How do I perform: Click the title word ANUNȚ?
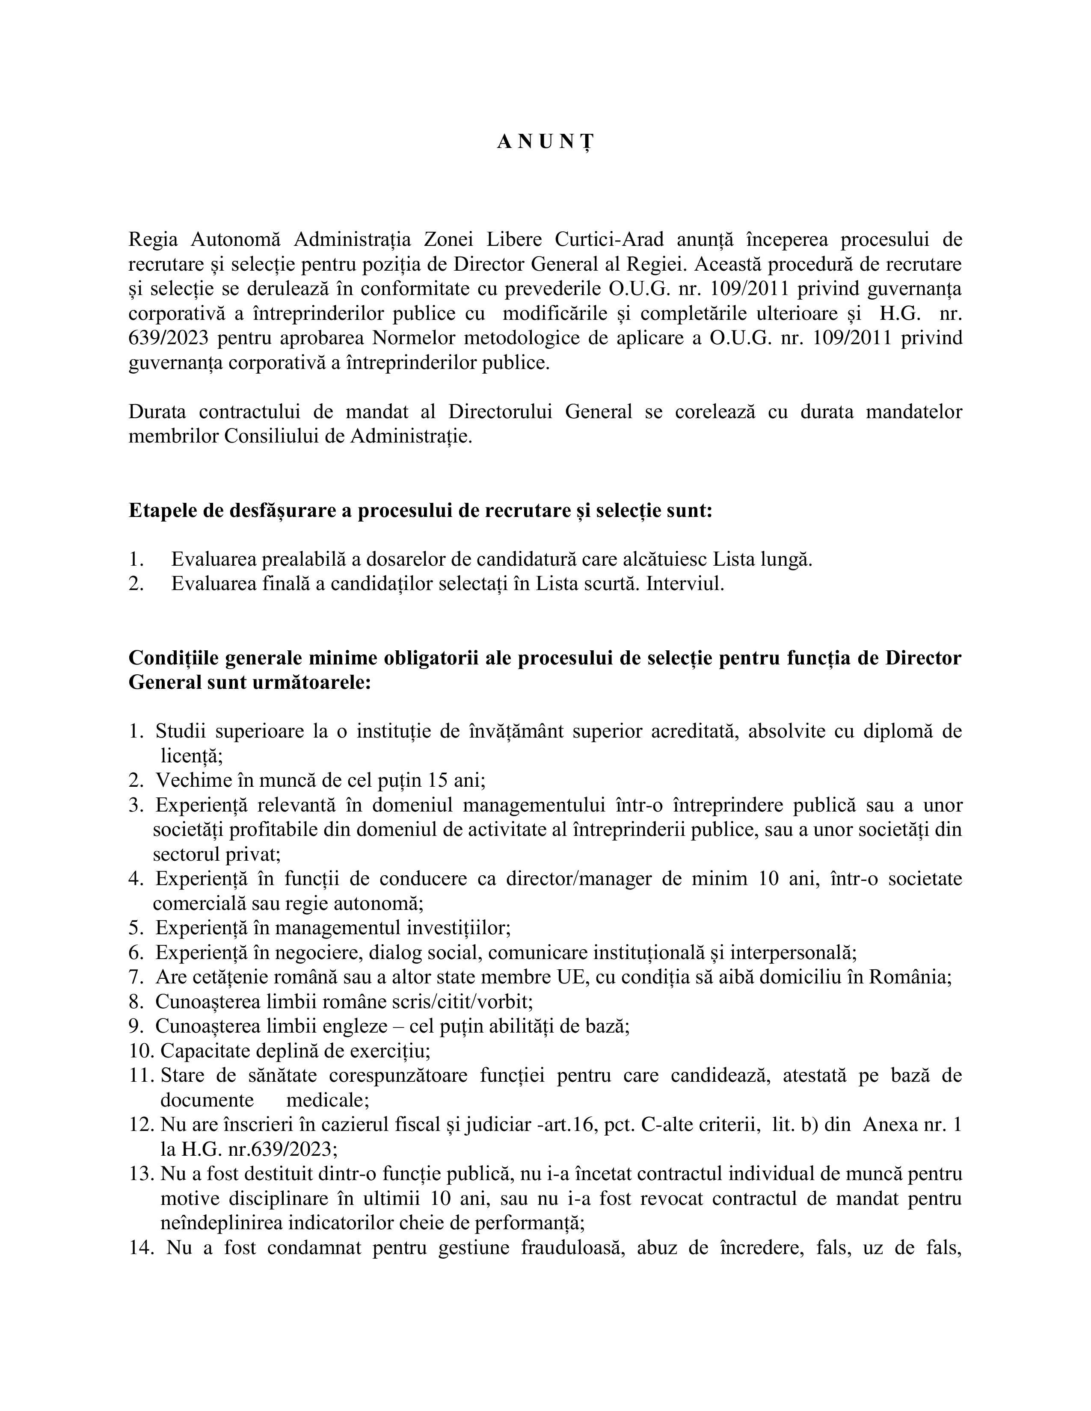point(545,143)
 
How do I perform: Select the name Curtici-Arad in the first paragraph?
point(609,240)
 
